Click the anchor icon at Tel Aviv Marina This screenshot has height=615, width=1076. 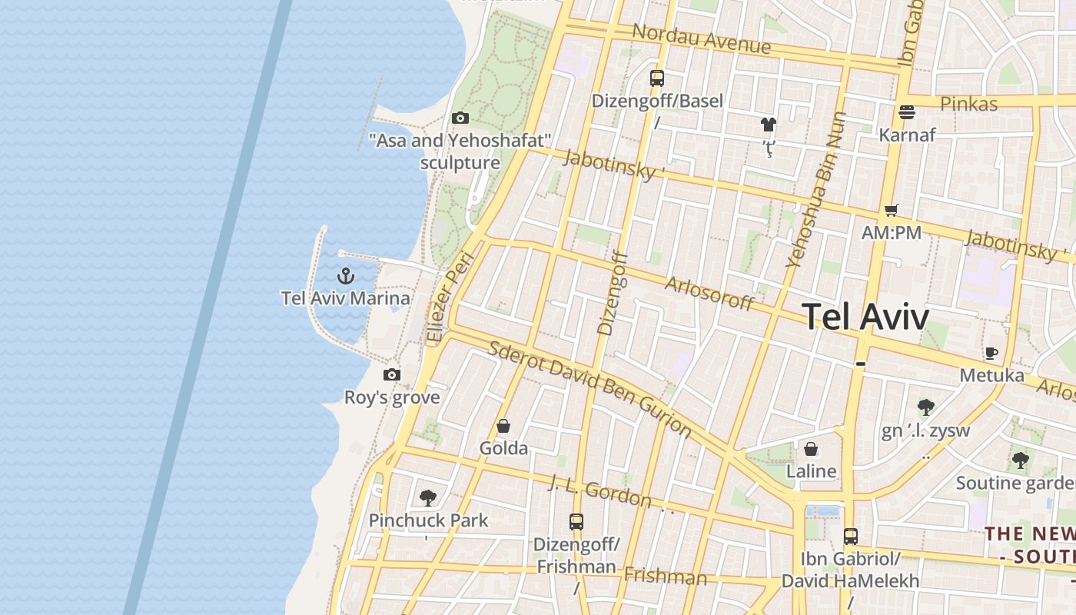click(346, 274)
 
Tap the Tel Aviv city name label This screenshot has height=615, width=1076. click(865, 317)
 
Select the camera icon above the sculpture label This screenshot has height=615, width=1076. click(460, 118)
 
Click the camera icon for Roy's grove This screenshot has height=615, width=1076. click(392, 374)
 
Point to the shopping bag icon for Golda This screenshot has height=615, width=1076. click(503, 425)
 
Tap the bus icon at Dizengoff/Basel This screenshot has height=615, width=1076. click(657, 78)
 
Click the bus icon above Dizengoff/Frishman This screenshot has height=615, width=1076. click(576, 521)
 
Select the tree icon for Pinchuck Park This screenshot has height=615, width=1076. click(428, 497)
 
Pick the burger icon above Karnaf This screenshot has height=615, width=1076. click(907, 112)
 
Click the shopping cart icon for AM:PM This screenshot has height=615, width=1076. click(892, 210)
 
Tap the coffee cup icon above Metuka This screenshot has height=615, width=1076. click(991, 353)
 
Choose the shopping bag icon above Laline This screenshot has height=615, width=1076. click(811, 448)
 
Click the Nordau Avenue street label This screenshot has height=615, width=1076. click(701, 38)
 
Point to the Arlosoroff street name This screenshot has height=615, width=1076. click(709, 293)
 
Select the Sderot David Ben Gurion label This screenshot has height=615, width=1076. click(590, 388)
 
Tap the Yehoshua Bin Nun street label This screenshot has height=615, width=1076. click(815, 191)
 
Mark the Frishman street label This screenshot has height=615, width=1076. click(665, 576)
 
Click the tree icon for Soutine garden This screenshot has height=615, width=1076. click(1020, 460)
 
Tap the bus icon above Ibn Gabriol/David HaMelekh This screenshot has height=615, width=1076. click(850, 536)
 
